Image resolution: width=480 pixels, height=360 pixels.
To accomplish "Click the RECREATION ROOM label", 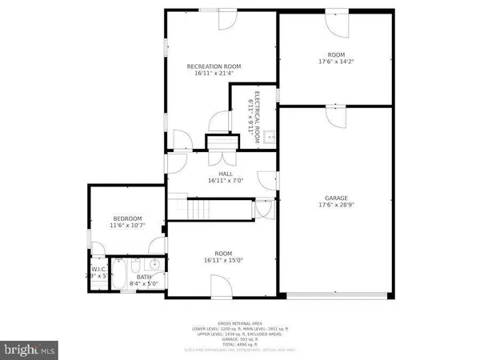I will (214, 66).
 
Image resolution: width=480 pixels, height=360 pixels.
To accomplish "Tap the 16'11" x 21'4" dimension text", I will (214, 74).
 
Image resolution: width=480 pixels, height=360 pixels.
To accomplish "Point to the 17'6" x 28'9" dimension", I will (336, 205).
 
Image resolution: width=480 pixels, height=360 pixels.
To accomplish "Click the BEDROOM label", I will (127, 219).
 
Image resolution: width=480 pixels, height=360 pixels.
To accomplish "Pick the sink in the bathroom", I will (154, 264).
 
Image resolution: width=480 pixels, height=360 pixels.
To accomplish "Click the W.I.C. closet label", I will (98, 270).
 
